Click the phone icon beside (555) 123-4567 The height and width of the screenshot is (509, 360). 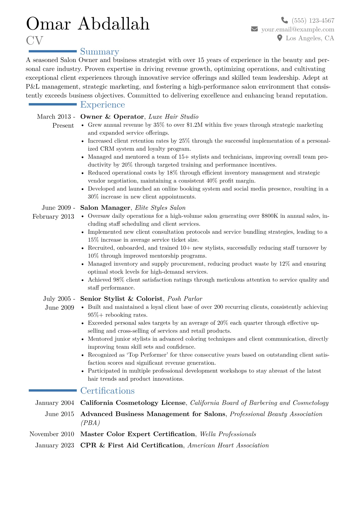click(x=284, y=20)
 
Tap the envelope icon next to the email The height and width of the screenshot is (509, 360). click(x=254, y=29)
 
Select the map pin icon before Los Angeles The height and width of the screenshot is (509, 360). click(x=280, y=38)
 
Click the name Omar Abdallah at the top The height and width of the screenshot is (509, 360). click(x=88, y=24)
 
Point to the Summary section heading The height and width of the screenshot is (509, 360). click(x=100, y=52)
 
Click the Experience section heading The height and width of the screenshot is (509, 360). click(x=103, y=105)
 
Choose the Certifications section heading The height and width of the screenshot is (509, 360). click(x=107, y=391)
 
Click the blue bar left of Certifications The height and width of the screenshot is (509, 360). click(x=53, y=390)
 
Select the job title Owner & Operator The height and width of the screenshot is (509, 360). click(x=112, y=117)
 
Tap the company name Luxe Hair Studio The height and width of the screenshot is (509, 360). click(x=173, y=117)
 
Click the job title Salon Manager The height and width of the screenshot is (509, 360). click(x=105, y=208)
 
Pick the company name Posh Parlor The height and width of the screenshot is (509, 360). click(x=185, y=299)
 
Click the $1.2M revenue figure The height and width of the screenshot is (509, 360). click(x=195, y=125)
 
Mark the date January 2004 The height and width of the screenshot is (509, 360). click(x=54, y=403)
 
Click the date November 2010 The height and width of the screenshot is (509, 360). click(x=52, y=434)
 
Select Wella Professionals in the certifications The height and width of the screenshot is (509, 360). click(x=228, y=434)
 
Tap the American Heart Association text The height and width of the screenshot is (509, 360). click(x=228, y=445)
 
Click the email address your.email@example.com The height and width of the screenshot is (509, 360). click(x=298, y=29)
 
